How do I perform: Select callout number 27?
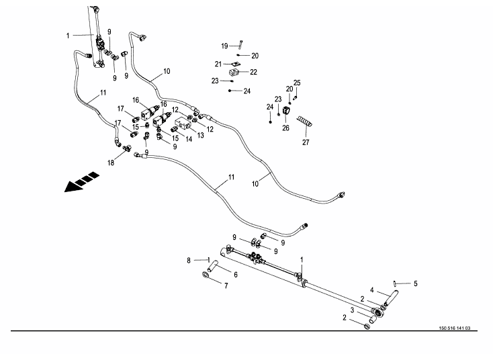pos(306,142)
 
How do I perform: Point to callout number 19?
pos(225,46)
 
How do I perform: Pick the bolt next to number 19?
pos(240,45)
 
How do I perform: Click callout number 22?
pos(253,71)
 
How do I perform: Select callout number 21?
pos(218,64)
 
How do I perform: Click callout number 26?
pos(285,128)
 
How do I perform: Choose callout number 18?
pos(111,163)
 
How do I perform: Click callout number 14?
pos(189,139)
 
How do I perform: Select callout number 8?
pos(189,259)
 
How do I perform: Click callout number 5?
pos(415,283)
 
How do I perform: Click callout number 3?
pos(351,310)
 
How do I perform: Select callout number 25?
pos(297,83)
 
